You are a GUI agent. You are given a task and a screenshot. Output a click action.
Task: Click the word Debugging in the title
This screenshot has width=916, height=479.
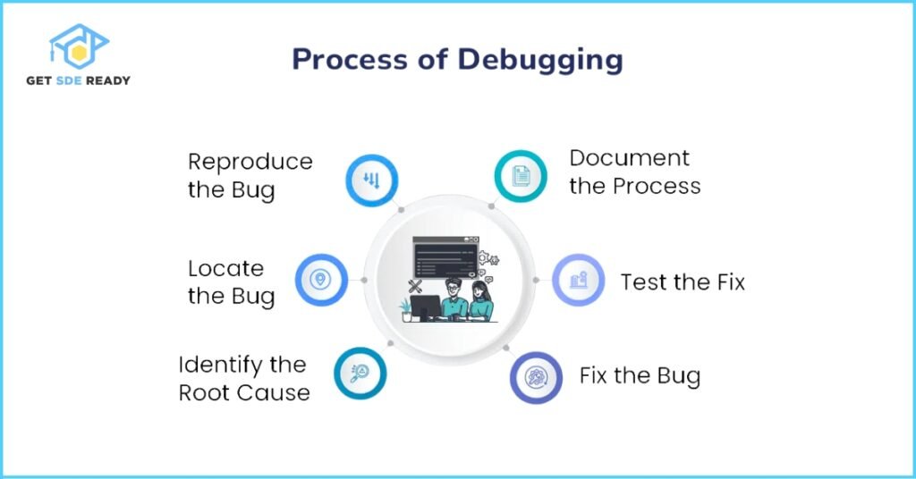tap(539, 60)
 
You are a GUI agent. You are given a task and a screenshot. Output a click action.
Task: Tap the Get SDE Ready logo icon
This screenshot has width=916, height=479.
tap(79, 46)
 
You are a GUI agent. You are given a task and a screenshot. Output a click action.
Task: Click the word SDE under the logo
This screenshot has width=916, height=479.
tap(69, 80)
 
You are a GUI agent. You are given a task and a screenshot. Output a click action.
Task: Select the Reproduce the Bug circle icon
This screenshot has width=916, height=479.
tap(371, 181)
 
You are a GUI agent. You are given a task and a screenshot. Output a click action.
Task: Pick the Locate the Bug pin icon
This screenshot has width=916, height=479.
tap(320, 279)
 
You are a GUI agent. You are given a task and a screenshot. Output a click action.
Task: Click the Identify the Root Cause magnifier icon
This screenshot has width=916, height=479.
tap(360, 373)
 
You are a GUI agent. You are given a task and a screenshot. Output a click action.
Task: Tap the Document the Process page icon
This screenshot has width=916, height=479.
tap(521, 176)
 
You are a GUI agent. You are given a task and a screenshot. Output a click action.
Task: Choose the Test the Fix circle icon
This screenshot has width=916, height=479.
tap(579, 280)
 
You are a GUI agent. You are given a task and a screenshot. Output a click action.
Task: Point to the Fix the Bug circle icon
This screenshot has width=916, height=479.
tap(537, 377)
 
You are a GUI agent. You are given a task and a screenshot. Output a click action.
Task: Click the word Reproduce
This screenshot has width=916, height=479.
tap(250, 162)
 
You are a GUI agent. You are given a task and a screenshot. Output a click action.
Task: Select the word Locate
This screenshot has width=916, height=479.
tap(225, 268)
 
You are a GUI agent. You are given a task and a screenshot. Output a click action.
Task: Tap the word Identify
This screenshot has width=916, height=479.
tap(213, 366)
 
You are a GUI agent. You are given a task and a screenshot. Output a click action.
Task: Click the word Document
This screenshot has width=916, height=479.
tap(629, 158)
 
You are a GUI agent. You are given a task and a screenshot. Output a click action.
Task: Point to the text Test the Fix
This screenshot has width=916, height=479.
tap(683, 282)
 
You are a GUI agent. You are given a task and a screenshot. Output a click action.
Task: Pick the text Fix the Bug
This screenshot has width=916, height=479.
tap(640, 376)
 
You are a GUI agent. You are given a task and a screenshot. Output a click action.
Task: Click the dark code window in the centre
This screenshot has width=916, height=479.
tap(445, 257)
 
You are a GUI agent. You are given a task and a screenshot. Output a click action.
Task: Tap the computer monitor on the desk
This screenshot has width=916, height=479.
tap(425, 307)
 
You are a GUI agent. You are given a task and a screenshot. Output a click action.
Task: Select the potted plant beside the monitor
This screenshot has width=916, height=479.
tap(405, 310)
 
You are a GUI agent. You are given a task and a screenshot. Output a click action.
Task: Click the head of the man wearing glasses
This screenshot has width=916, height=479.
tap(454, 288)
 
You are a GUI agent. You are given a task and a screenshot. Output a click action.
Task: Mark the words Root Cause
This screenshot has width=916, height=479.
tap(244, 393)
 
